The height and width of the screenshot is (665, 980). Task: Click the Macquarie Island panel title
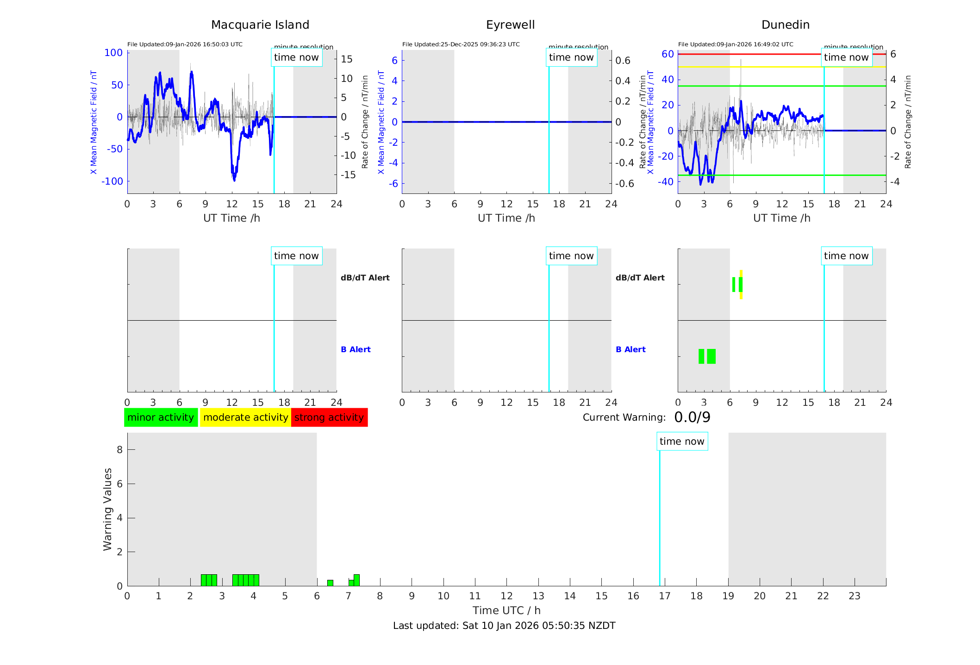coord(260,25)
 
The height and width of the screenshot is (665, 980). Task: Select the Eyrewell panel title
coord(510,25)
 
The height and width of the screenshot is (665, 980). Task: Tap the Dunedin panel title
coord(785,25)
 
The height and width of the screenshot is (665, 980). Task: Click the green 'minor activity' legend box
coord(161,417)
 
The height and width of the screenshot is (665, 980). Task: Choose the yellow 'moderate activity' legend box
coord(245,417)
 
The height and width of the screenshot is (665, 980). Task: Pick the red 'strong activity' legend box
coord(329,417)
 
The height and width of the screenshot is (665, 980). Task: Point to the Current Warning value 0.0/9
coord(692,417)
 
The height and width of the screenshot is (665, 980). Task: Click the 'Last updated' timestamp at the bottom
coord(504,626)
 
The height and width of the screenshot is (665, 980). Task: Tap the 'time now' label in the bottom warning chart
coord(682,441)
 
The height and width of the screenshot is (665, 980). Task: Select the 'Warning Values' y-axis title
coord(108,509)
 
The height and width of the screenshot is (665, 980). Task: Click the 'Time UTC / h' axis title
coord(506,610)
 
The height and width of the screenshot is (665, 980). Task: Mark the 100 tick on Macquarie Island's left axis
coord(113,53)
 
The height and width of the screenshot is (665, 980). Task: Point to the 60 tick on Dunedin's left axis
coord(668,54)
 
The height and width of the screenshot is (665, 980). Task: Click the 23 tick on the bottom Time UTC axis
coord(854,596)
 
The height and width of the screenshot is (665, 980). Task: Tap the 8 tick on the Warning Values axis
coord(119,449)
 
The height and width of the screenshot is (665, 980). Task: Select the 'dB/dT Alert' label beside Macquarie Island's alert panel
coord(365,278)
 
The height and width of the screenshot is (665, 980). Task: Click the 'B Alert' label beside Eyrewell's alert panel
coord(630,349)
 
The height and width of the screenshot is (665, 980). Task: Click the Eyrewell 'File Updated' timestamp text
coord(461,44)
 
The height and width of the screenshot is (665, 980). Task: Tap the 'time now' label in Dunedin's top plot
coord(846,57)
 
